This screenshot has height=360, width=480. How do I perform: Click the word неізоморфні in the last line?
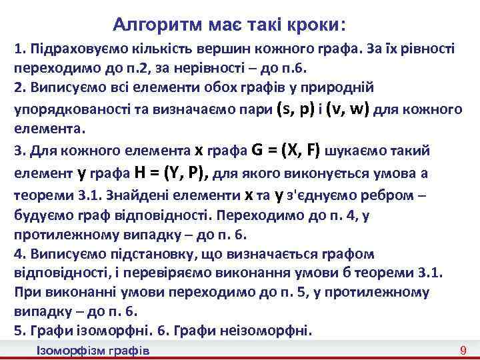coord(273,331)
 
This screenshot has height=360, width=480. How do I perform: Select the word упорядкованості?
coord(67,110)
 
